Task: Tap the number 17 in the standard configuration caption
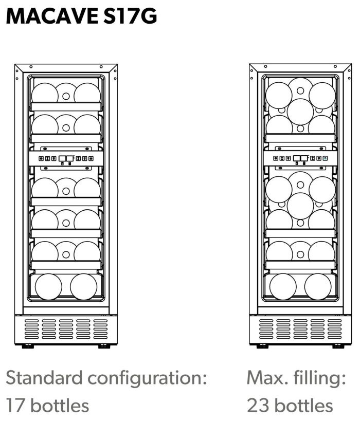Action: [15, 406]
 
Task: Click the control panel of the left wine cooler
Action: [66, 159]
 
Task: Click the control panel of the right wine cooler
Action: [301, 159]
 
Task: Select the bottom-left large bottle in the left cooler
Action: [48, 287]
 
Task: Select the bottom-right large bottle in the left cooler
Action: [83, 287]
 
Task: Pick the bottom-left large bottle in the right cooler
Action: [283, 287]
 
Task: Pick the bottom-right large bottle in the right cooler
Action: [318, 287]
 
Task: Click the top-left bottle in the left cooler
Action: [45, 94]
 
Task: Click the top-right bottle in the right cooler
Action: [322, 96]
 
